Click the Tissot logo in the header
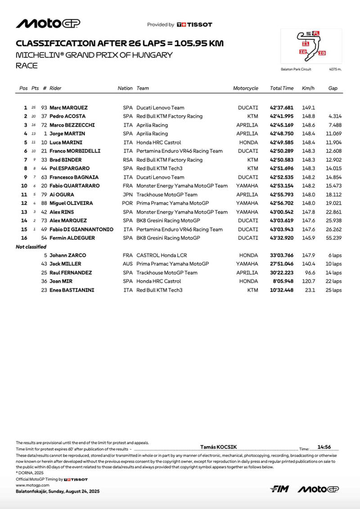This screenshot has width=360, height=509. (x=194, y=25)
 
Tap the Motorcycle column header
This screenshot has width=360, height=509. (x=245, y=89)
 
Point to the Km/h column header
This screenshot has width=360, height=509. (x=308, y=89)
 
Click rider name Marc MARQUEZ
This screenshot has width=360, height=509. (x=68, y=108)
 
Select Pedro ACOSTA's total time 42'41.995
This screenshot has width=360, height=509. (x=281, y=116)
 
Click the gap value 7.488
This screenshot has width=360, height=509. (x=335, y=125)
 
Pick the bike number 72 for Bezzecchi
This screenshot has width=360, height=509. (x=44, y=125)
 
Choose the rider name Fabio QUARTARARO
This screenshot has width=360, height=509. (x=74, y=186)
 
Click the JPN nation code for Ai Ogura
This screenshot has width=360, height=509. (x=128, y=195)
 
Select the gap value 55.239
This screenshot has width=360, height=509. (x=334, y=238)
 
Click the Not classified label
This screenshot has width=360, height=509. (x=31, y=247)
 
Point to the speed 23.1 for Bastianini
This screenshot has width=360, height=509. (x=309, y=290)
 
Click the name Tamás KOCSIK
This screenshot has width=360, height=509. (x=218, y=447)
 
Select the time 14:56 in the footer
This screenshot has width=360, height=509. (x=324, y=447)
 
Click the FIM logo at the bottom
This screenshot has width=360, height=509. (x=279, y=489)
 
